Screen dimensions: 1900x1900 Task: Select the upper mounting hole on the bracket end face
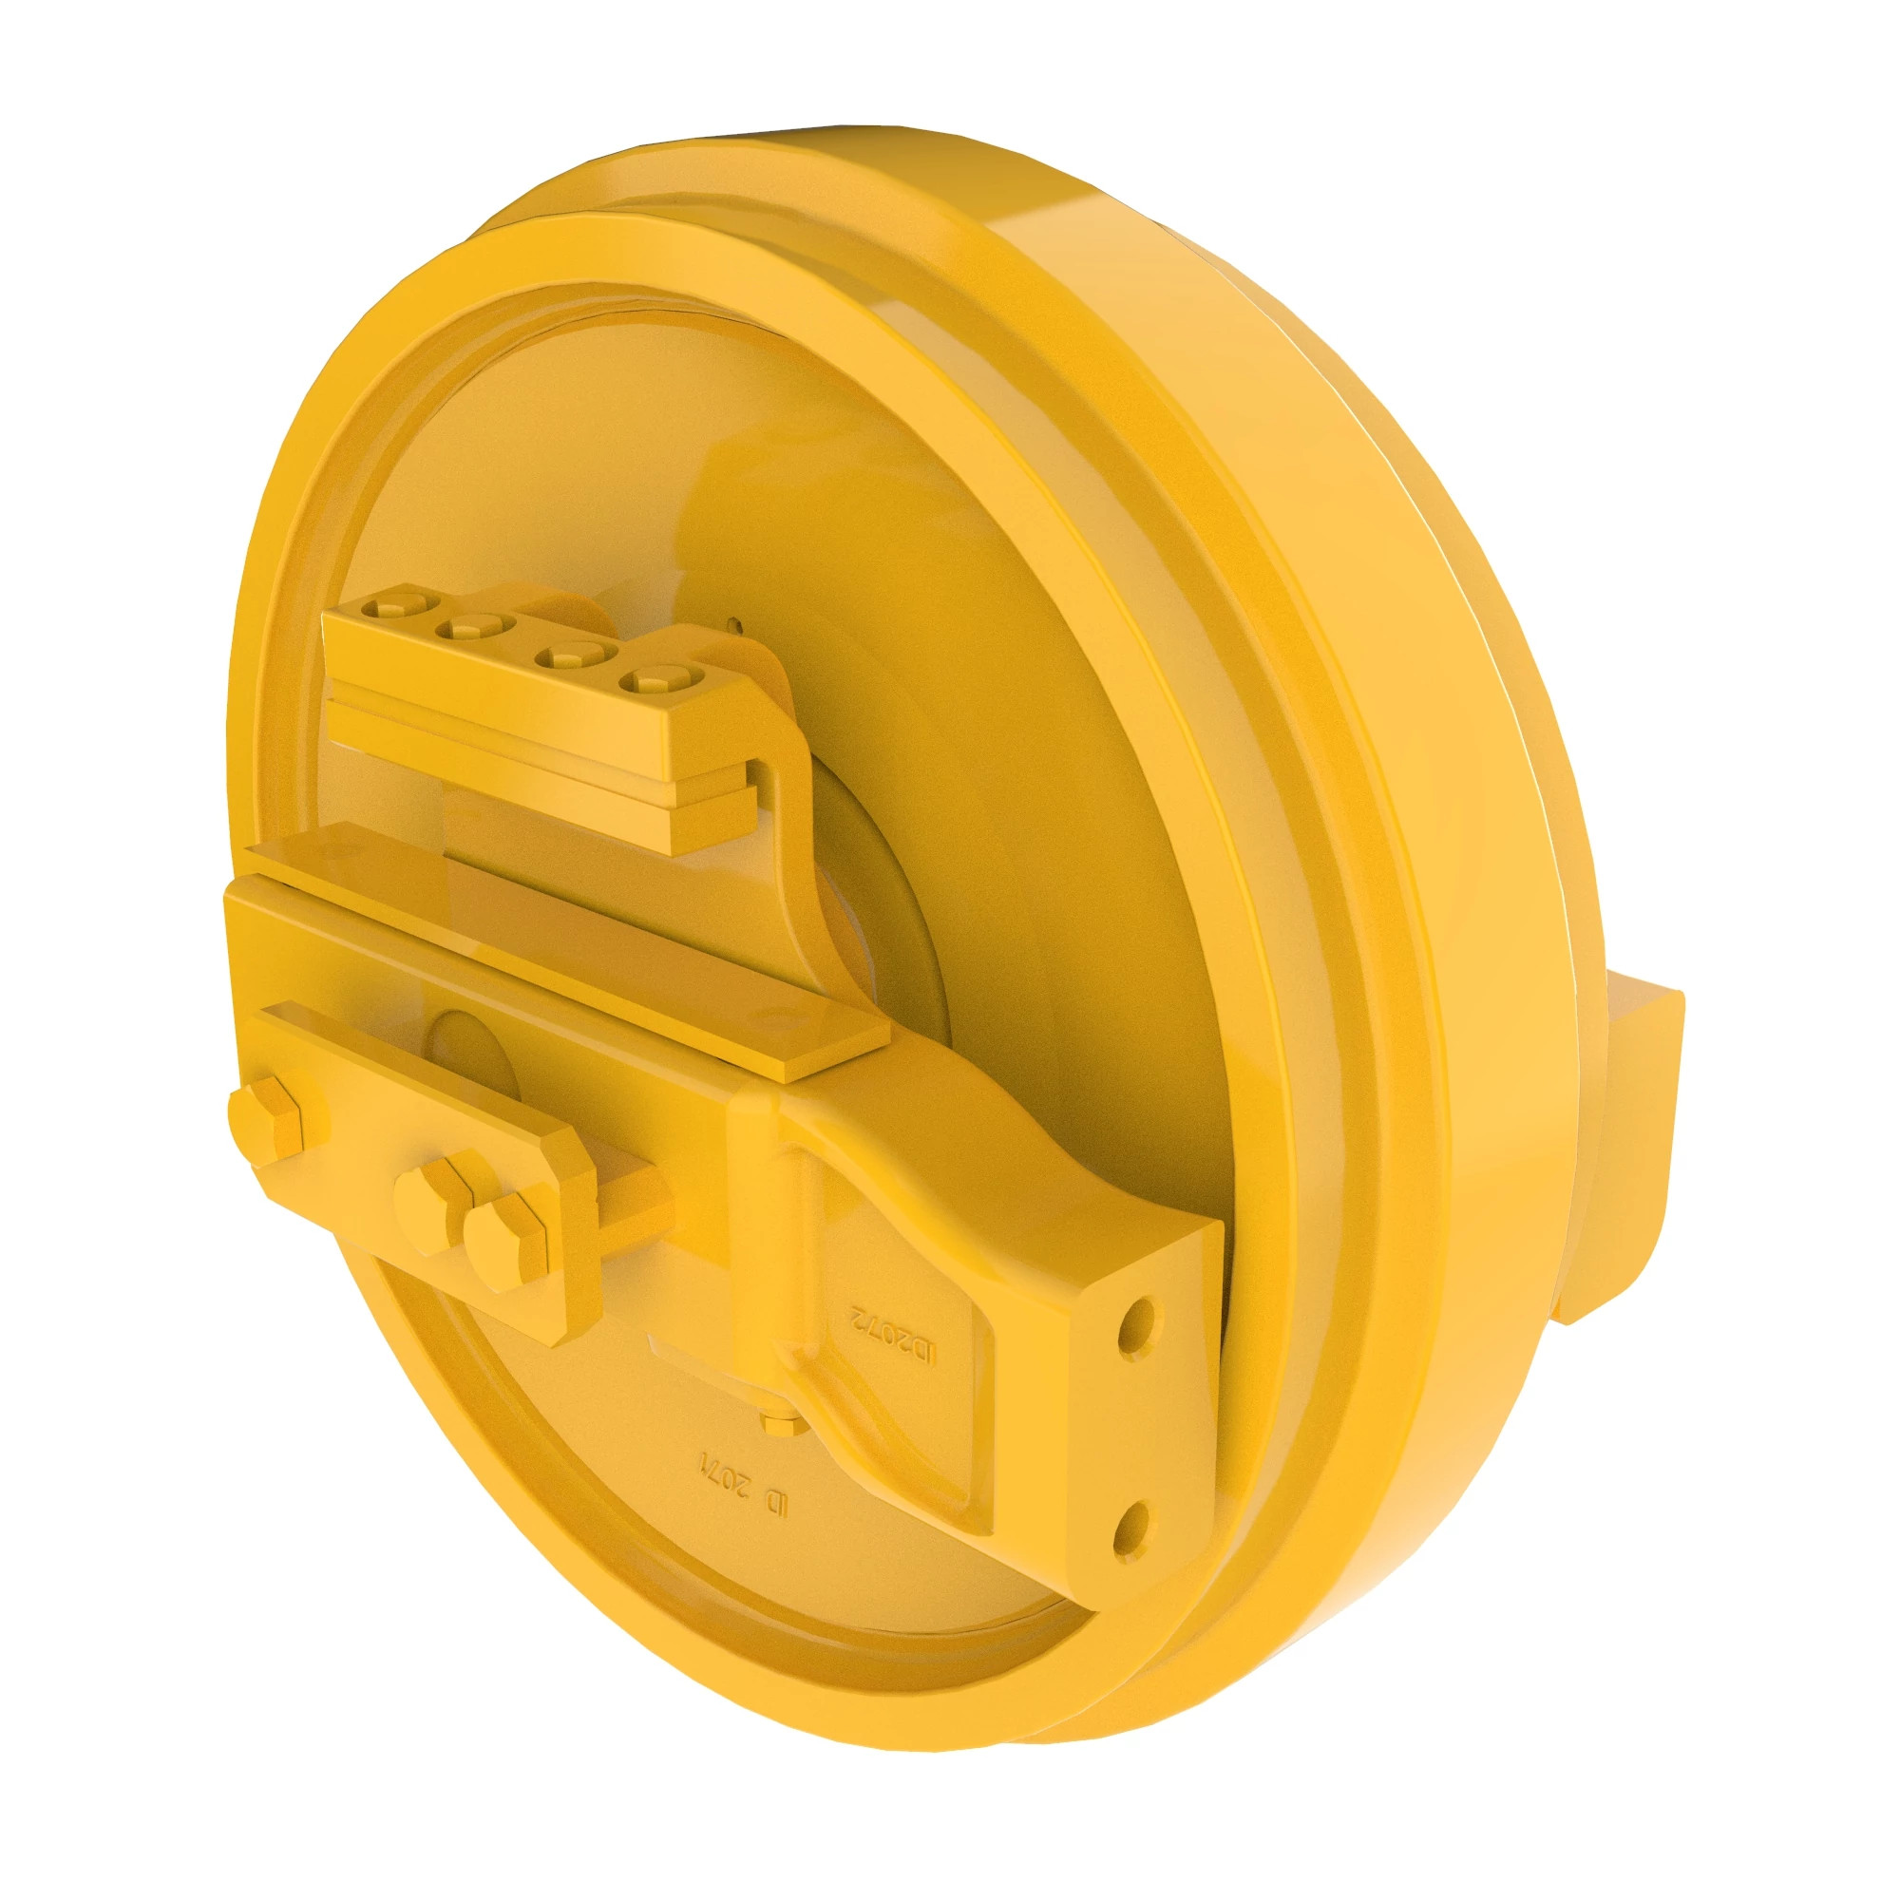click(x=1138, y=1319)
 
